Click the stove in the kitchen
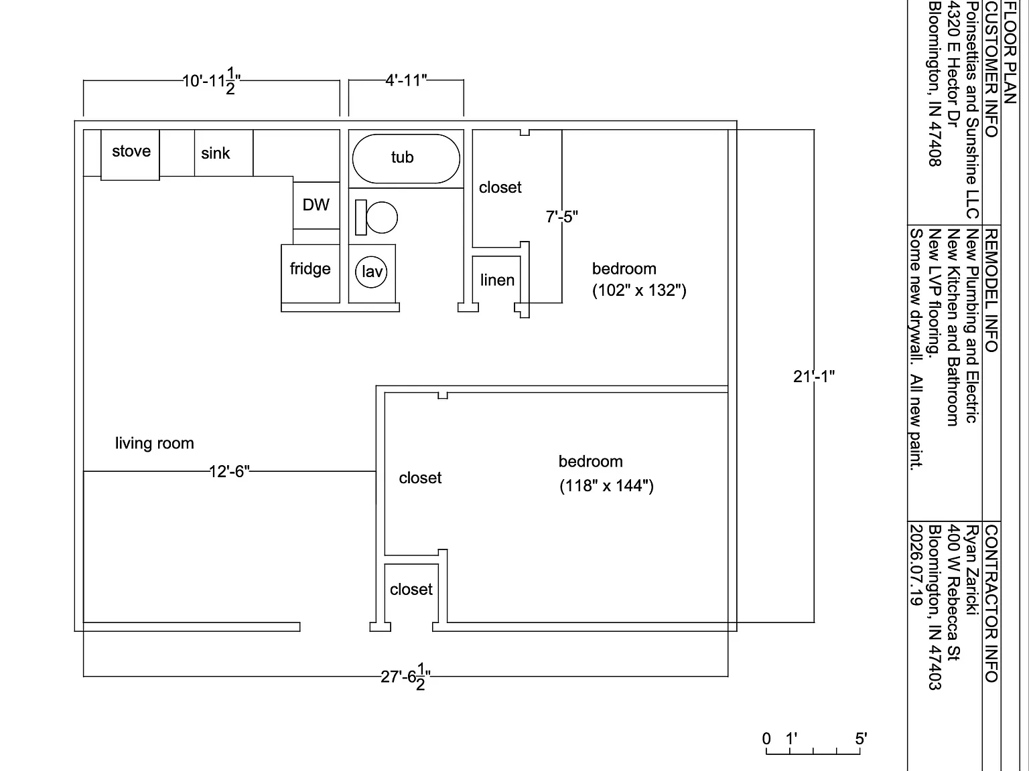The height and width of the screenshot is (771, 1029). click(131, 155)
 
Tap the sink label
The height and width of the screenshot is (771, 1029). click(216, 153)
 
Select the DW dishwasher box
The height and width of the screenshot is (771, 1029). click(316, 205)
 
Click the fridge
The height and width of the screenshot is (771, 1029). click(310, 273)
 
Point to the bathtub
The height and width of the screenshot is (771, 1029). click(406, 159)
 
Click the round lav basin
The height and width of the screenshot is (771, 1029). click(371, 272)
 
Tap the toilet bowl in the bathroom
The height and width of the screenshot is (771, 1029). click(382, 218)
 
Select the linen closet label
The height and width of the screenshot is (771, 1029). click(497, 280)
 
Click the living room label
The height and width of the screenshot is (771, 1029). click(155, 443)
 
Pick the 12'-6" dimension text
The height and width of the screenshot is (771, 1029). click(229, 471)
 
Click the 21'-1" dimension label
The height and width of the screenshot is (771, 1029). click(814, 376)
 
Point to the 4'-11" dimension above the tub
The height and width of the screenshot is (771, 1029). click(406, 80)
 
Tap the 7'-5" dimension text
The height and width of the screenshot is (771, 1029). click(561, 217)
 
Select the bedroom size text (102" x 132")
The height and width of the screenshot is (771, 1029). click(639, 290)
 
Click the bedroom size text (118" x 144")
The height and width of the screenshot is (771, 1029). click(607, 485)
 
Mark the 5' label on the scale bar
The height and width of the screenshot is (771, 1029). click(861, 738)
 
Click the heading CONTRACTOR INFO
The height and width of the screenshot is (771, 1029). click(991, 604)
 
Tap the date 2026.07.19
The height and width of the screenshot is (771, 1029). click(916, 565)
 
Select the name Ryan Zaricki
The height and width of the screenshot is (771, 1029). click(972, 570)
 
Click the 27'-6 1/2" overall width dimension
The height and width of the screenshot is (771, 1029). click(405, 677)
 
